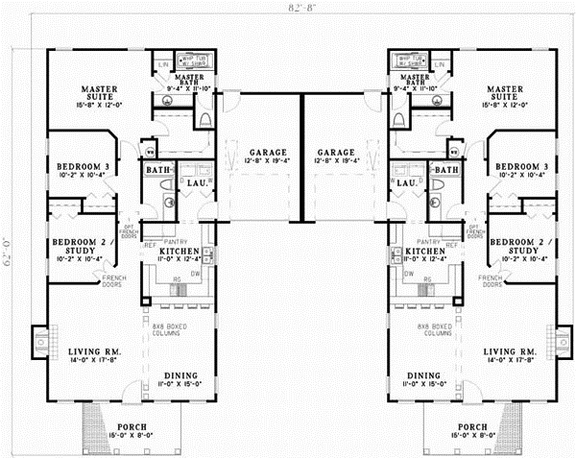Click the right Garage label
point(336,154)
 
